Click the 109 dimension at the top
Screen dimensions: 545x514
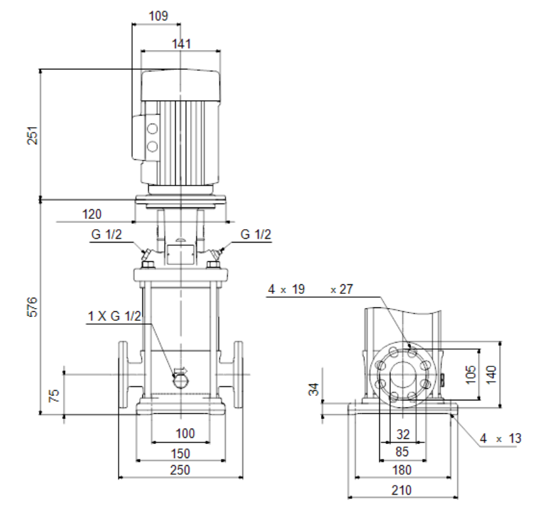[158, 16]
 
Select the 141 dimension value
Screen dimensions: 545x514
[182, 44]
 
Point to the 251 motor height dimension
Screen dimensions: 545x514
[32, 135]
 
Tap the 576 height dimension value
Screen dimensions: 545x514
[32, 307]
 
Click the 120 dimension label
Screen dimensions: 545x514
[92, 214]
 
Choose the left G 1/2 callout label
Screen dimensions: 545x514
[107, 234]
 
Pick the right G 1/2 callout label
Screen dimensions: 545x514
[255, 234]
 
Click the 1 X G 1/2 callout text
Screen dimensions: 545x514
[114, 316]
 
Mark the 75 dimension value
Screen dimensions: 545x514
[54, 395]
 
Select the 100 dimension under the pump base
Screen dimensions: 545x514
[186, 433]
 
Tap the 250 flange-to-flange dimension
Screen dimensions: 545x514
[180, 470]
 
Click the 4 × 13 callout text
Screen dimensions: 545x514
[501, 438]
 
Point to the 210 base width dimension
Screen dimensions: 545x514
[401, 490]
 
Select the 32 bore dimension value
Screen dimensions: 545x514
[403, 434]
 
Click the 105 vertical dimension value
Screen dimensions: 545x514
[471, 374]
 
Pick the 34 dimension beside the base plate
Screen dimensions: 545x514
[314, 390]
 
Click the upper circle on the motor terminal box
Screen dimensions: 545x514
[152, 128]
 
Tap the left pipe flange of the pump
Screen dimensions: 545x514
[123, 374]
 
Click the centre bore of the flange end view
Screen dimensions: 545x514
[403, 374]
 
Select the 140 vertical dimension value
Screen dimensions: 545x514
[491, 374]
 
